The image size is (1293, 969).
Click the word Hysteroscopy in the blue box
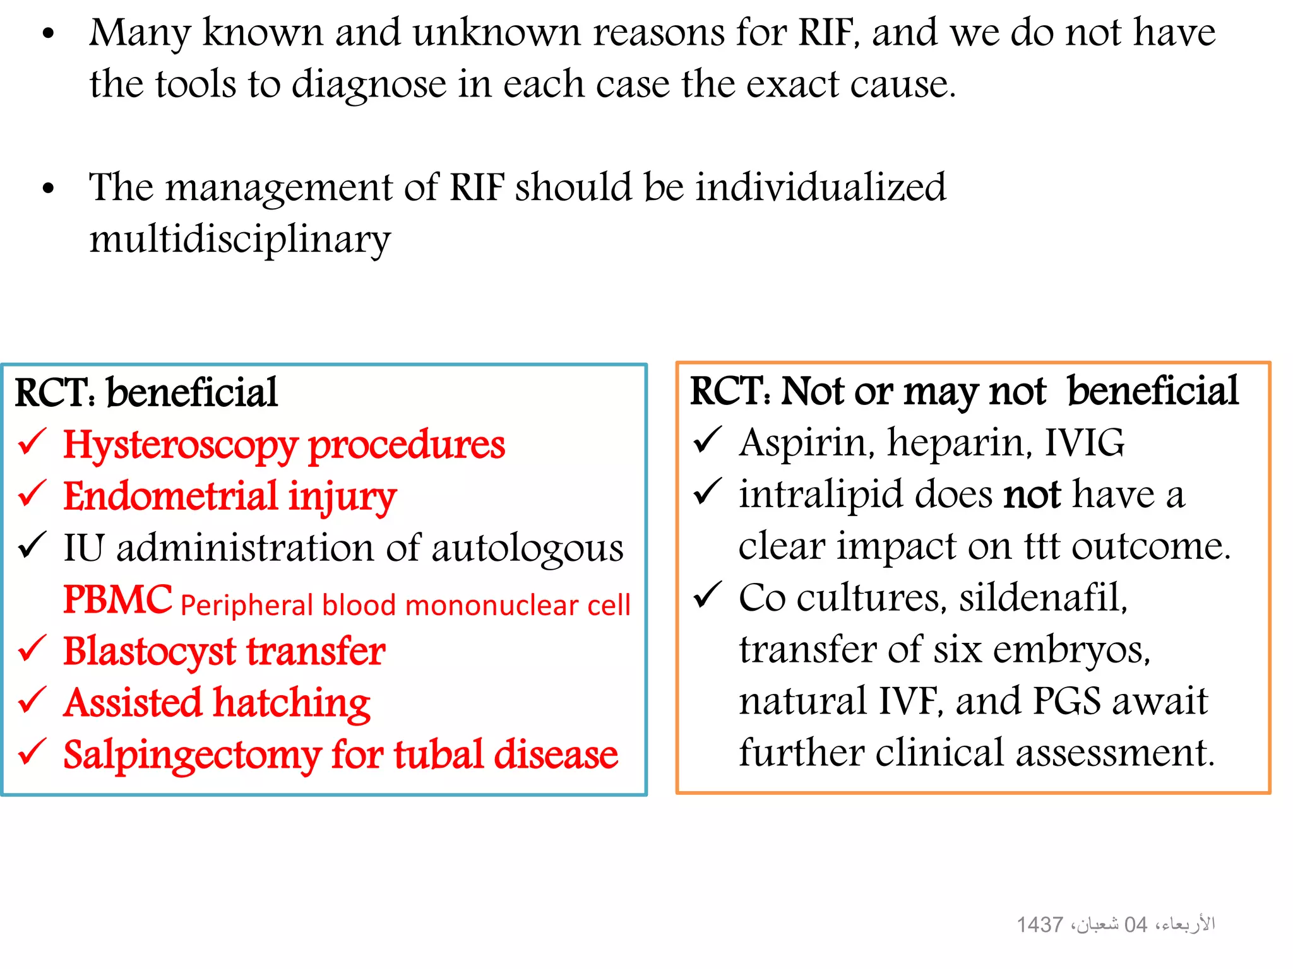click(x=180, y=446)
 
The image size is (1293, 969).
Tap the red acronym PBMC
click(x=117, y=599)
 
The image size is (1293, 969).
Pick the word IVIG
click(x=1084, y=443)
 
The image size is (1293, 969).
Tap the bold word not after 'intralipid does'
click(x=1032, y=495)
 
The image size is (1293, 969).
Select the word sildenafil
click(x=1042, y=597)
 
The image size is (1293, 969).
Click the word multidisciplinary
click(x=240, y=240)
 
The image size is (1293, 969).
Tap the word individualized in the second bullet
click(x=820, y=187)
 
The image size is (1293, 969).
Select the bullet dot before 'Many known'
click(x=49, y=35)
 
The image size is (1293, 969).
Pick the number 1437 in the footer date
click(x=1039, y=925)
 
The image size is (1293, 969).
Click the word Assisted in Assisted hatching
click(x=133, y=703)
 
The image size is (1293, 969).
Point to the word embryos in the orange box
click(x=1071, y=650)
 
